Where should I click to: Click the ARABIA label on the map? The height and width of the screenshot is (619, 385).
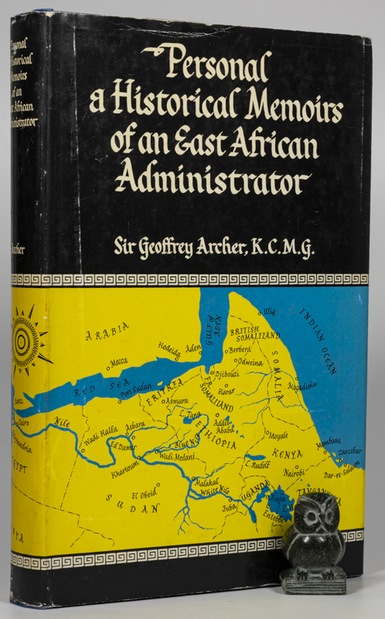(x=108, y=335)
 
